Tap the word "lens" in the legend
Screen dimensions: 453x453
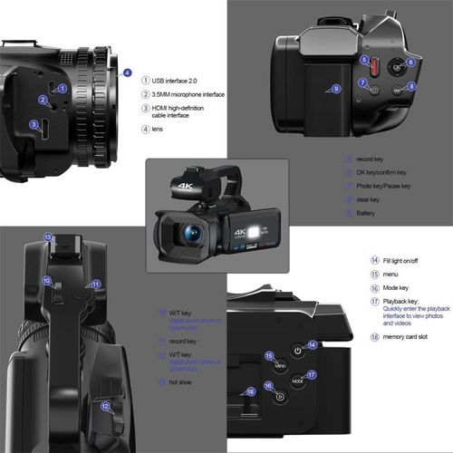point(159,130)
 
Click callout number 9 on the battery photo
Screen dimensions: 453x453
point(336,89)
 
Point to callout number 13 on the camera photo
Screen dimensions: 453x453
point(49,236)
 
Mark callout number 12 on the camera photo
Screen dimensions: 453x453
point(106,407)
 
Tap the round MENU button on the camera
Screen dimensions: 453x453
point(281,362)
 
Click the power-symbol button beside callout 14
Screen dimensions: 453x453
point(298,351)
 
